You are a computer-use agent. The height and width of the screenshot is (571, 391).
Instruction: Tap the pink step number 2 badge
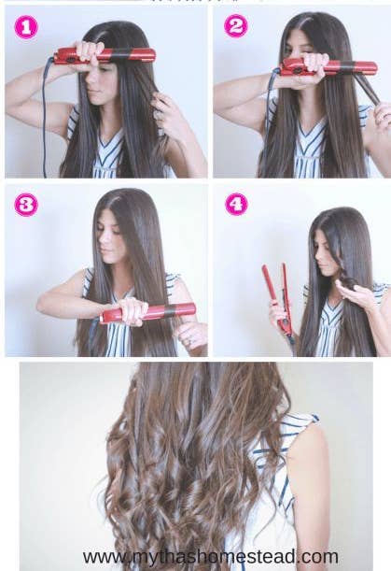[236, 28]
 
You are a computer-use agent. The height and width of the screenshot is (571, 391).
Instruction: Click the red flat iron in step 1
[103, 55]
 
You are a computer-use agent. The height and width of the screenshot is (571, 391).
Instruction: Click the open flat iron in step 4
[278, 299]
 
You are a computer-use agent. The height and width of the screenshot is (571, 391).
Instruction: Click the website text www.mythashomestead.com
[210, 557]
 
